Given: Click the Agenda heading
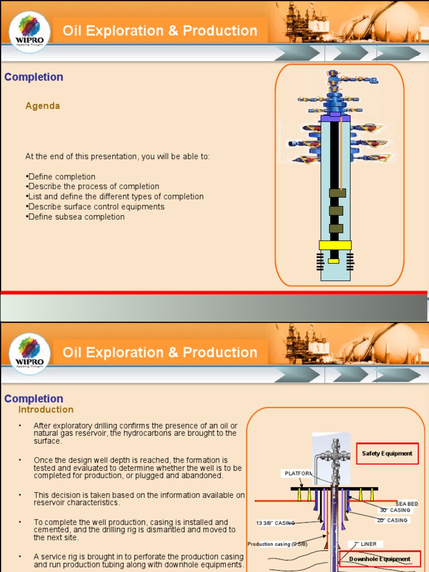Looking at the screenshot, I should (42, 106).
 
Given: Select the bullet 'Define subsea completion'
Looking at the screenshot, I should (76, 217).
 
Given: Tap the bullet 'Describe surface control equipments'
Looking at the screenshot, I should (96, 207).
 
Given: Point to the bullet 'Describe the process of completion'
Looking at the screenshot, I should (93, 187).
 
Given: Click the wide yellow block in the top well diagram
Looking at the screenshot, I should (335, 245).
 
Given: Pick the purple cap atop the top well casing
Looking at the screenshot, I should (335, 118).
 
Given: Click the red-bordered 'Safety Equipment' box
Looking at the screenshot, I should (387, 453).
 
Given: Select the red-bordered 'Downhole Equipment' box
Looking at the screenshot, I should (379, 559).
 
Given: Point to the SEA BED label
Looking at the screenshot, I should (406, 504).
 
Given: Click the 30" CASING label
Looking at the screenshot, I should (395, 510).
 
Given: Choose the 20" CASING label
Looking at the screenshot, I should (392, 520).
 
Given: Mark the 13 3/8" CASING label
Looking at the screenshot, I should (275, 523).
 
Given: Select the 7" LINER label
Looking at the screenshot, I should (365, 544).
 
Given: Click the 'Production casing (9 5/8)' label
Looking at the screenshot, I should (277, 544).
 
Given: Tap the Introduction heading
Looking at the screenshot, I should (46, 410).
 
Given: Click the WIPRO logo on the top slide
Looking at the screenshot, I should (30, 32).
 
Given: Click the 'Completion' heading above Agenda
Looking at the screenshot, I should (34, 77).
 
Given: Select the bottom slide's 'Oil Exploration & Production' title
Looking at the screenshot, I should (160, 352).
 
